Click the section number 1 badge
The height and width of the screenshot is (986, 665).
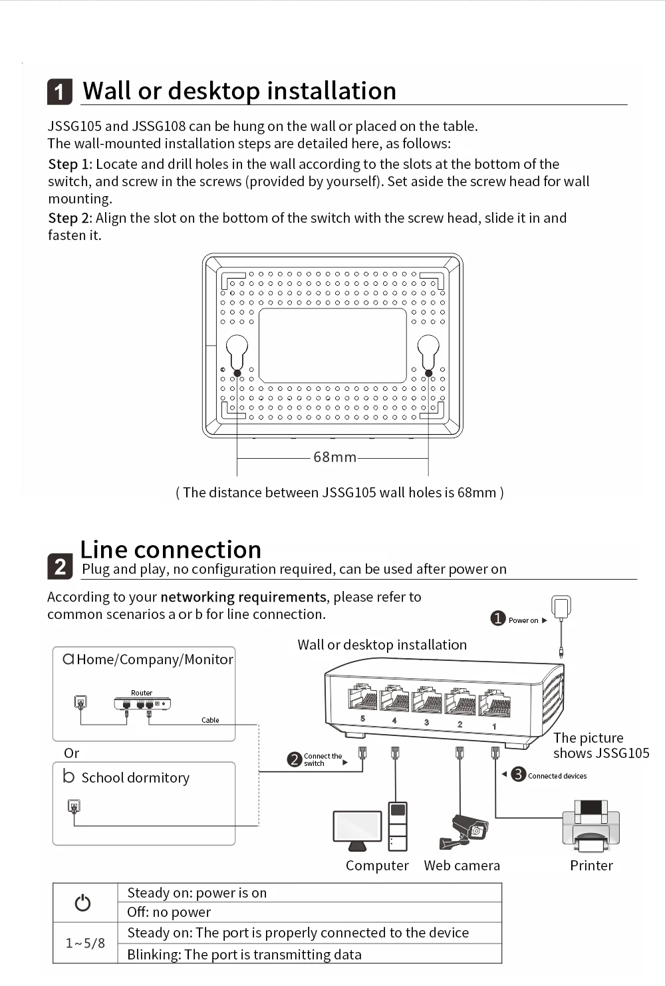60,92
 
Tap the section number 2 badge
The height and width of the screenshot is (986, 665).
60,566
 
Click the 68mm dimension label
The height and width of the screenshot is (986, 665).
334,457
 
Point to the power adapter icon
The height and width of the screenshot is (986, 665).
561,608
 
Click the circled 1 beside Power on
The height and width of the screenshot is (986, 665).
498,619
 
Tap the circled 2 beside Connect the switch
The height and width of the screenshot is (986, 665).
295,759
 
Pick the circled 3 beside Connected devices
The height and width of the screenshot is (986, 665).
519,774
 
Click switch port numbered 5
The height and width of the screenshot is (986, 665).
362,699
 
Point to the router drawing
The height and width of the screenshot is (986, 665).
142,703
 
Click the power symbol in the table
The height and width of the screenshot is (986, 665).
82,903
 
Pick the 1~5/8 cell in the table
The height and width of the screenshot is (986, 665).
85,943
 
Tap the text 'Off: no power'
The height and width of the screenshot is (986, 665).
169,912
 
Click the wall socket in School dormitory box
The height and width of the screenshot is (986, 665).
74,806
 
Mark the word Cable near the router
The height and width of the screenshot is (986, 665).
210,720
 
